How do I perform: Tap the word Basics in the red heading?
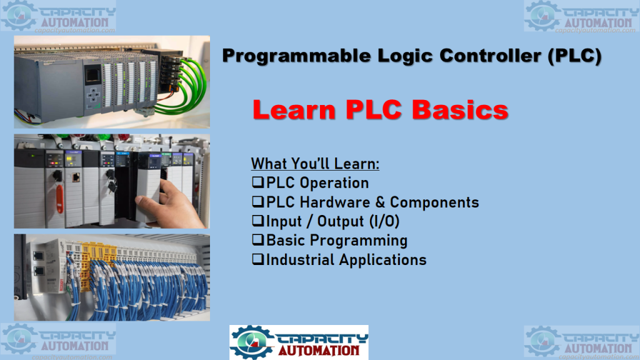tap(460, 110)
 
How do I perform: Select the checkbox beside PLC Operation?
tap(258, 182)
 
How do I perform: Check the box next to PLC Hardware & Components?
tap(258, 201)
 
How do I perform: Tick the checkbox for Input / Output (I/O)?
tap(258, 221)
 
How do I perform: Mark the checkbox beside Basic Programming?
tap(258, 239)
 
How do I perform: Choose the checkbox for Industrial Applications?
tap(258, 259)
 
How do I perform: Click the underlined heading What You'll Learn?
tap(315, 164)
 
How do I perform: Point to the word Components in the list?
tap(434, 202)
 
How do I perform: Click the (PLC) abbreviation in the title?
tap(575, 56)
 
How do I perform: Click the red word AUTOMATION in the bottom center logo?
tap(319, 351)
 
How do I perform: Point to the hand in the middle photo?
tap(172, 205)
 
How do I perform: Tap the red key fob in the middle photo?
tap(60, 199)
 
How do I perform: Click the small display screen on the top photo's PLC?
tap(93, 75)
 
